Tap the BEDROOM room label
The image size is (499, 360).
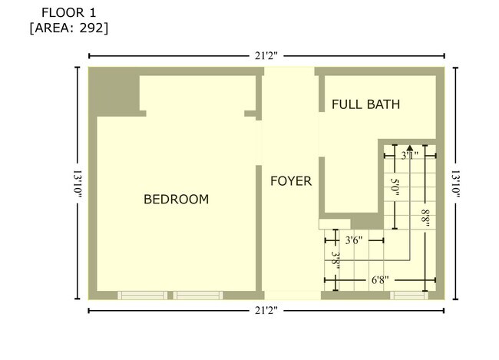(177, 200)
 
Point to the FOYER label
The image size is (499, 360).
(291, 181)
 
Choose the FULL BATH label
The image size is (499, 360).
(365, 104)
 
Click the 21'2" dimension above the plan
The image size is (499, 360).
(266, 55)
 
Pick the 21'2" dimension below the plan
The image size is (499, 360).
(266, 310)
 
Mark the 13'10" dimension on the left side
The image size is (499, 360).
(78, 183)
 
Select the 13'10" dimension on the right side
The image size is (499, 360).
(455, 183)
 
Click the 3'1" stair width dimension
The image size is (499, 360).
(410, 155)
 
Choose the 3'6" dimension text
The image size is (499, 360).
(353, 240)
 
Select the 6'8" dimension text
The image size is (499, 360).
(379, 280)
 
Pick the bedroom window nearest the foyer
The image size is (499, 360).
(197, 295)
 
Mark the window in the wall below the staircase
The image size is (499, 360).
(408, 295)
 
